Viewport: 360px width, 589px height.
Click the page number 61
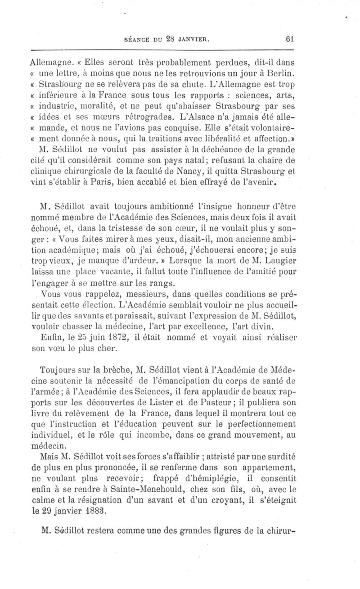[x=289, y=39]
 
